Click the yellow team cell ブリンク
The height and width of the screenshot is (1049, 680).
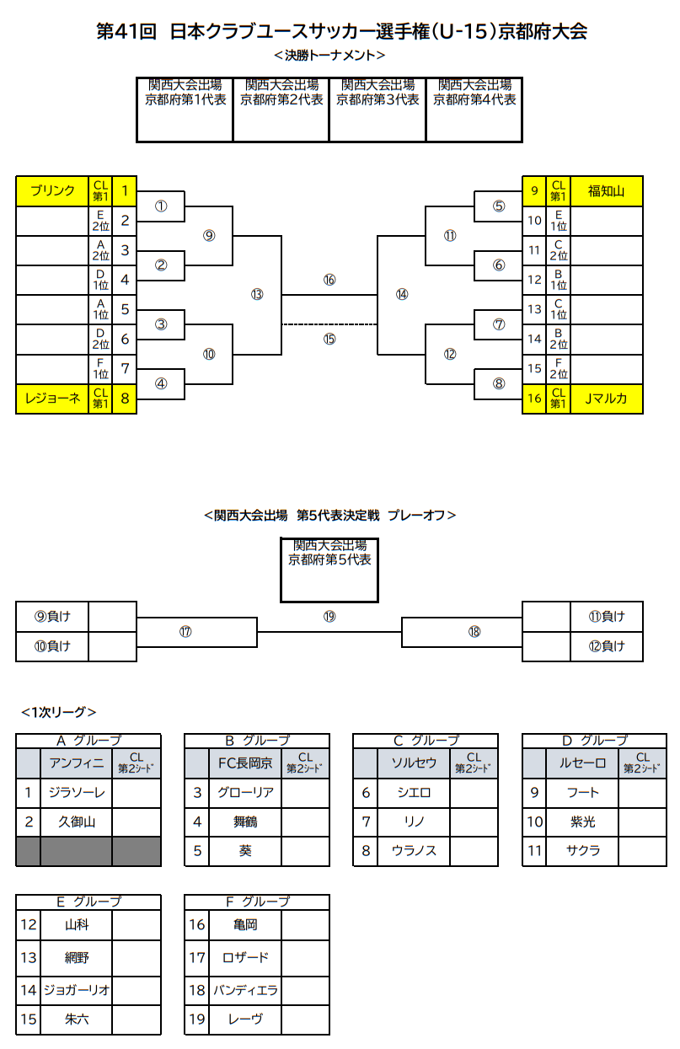(52, 191)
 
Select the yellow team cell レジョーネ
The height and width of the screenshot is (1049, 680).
(52, 399)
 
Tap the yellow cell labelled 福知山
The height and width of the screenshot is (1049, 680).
(606, 191)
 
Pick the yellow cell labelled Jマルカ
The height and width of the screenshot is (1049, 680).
(606, 399)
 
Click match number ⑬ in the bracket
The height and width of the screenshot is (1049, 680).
(257, 294)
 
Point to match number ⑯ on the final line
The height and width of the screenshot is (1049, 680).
(329, 280)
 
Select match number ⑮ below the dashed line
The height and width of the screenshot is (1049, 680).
(329, 339)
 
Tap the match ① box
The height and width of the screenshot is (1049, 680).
(161, 206)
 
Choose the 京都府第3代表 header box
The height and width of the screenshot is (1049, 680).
(377, 110)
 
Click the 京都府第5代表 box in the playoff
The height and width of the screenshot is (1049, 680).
(329, 570)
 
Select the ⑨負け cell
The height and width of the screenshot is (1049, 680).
(52, 617)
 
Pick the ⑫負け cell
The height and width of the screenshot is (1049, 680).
(607, 646)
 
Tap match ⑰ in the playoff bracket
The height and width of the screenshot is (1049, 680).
(185, 631)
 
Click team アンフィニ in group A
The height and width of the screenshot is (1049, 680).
(77, 763)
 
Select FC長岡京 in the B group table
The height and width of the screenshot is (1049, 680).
(245, 763)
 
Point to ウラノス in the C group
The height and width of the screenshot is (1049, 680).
(414, 851)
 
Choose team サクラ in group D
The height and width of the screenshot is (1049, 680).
(582, 851)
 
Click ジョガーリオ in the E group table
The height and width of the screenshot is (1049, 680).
(77, 989)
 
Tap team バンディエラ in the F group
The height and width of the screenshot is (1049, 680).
(245, 989)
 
